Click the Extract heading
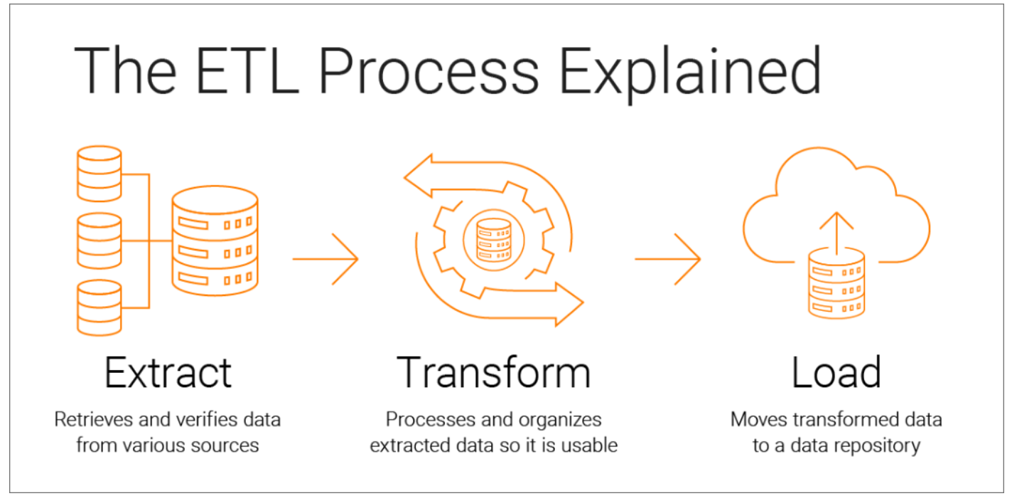pyautogui.click(x=168, y=371)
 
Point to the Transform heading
pyautogui.click(x=494, y=371)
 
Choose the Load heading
pyautogui.click(x=836, y=371)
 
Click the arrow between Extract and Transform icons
pyautogui.click(x=326, y=258)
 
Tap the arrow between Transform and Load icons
pyautogui.click(x=668, y=258)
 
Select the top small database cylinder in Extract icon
pyautogui.click(x=99, y=174)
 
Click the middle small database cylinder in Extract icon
pyautogui.click(x=99, y=241)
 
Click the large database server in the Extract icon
pyautogui.click(x=214, y=240)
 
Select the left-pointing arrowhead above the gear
pyautogui.click(x=421, y=176)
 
